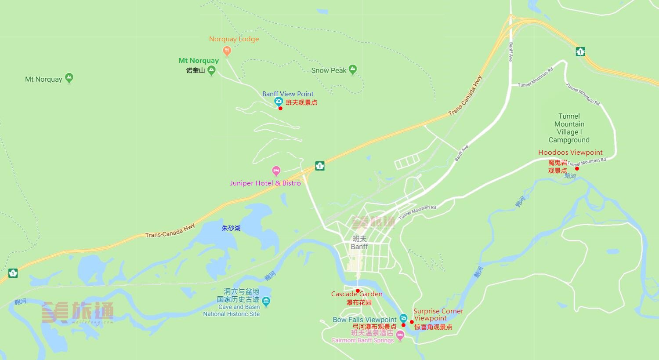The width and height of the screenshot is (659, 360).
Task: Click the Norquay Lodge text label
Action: (234, 39)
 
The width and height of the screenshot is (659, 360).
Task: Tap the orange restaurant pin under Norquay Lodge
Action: (227, 51)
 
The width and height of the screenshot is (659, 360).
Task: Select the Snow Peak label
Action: (329, 70)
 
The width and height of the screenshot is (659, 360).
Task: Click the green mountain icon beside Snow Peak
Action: (353, 69)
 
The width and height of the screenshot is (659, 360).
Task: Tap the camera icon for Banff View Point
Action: (278, 102)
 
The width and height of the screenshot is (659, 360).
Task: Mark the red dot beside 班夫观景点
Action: (280, 108)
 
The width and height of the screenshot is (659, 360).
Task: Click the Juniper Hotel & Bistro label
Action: (265, 183)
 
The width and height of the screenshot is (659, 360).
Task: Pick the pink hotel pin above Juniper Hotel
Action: (276, 171)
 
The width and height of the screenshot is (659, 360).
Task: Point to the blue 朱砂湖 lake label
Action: (231, 228)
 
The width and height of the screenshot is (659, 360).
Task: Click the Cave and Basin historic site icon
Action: (266, 302)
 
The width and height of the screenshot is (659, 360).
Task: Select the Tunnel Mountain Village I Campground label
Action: (569, 128)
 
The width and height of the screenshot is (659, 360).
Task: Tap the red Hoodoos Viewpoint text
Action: (570, 153)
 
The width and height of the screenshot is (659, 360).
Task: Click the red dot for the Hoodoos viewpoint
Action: (577, 168)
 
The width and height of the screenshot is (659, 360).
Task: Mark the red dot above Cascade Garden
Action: (358, 291)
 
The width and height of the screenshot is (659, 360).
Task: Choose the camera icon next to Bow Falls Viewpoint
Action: (403, 318)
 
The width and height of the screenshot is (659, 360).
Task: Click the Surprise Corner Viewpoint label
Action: (438, 314)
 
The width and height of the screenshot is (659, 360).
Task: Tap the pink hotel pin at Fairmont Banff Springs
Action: (400, 336)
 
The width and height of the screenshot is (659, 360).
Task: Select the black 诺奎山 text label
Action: (196, 70)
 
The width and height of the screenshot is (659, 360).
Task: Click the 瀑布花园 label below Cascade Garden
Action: (359, 302)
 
